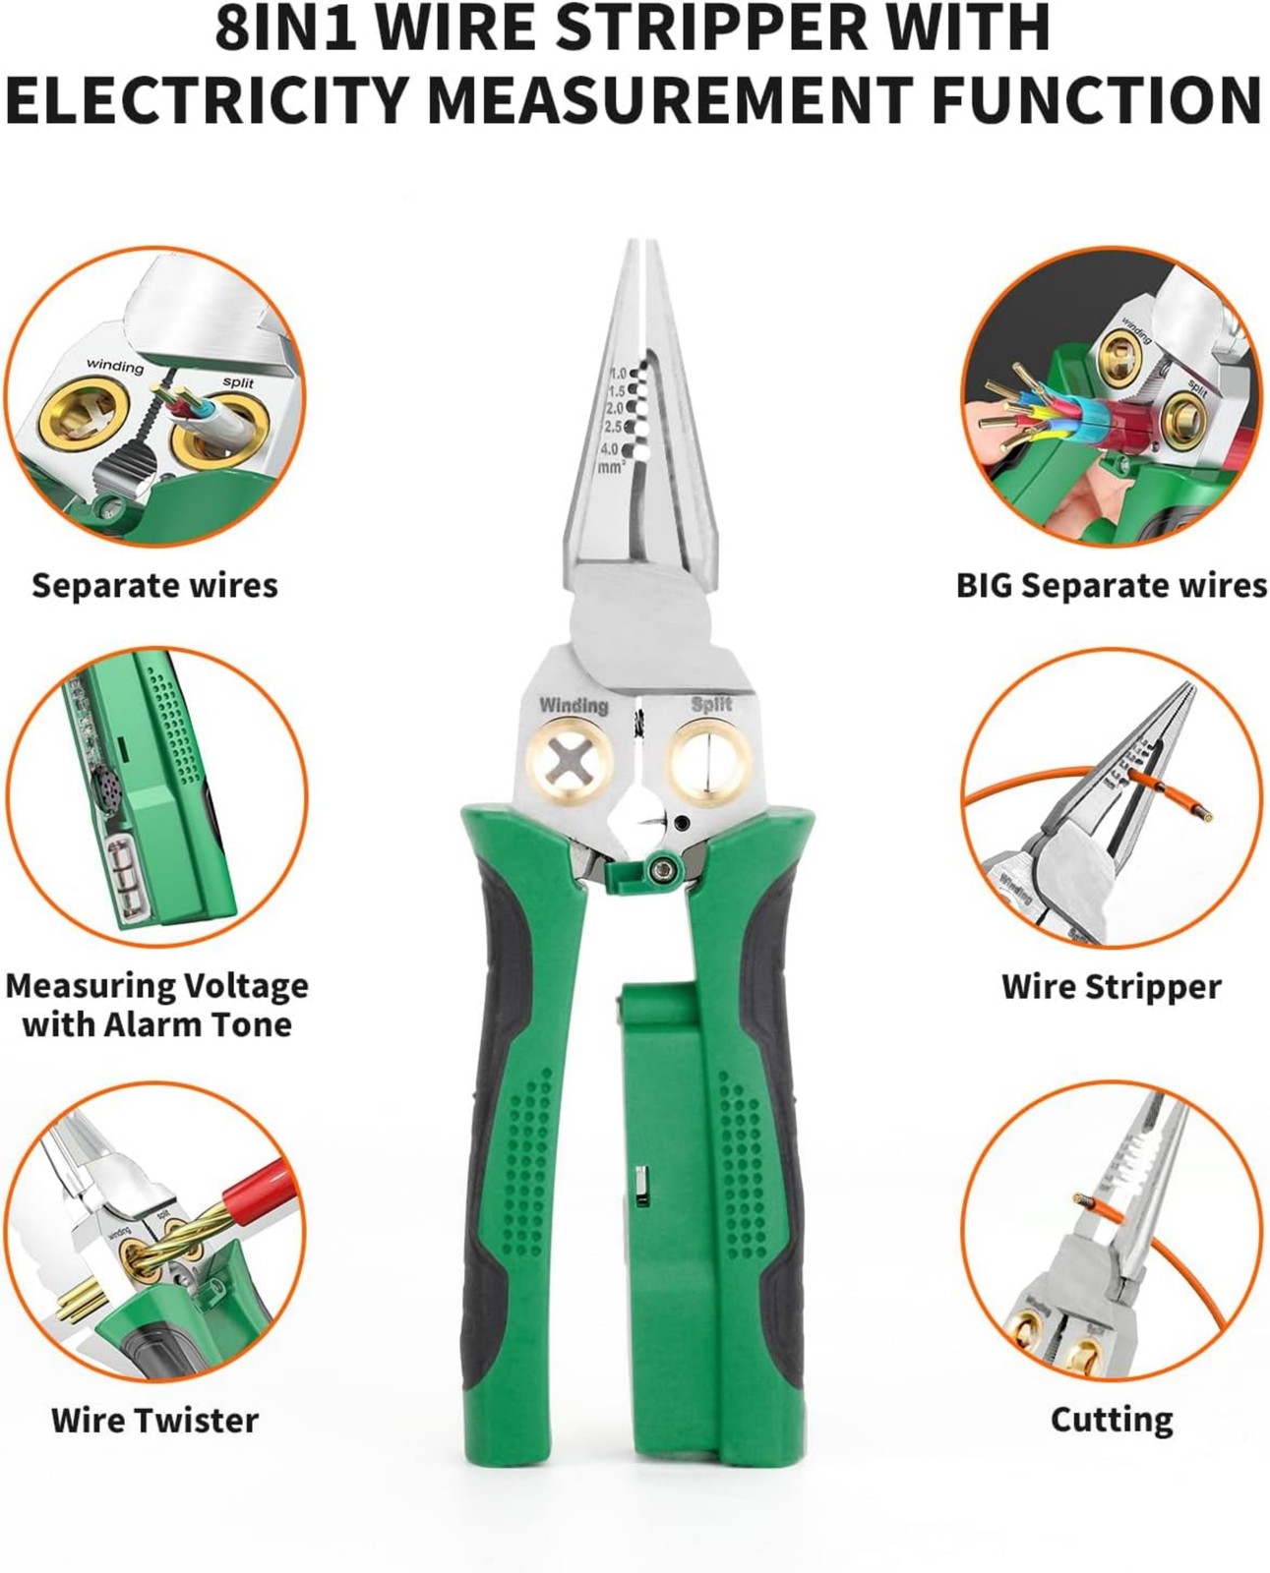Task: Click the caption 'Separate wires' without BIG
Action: (154, 586)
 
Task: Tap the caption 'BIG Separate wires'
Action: (1111, 586)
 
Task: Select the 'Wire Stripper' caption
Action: (1111, 986)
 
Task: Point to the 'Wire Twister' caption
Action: (154, 1420)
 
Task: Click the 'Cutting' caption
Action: (1112, 1420)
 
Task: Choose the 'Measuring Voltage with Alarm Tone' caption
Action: (156, 1005)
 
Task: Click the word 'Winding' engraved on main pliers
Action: (574, 706)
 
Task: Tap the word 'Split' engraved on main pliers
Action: (710, 704)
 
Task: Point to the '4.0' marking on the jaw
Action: (610, 448)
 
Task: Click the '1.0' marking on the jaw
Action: (618, 374)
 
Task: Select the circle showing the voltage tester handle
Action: (155, 796)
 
